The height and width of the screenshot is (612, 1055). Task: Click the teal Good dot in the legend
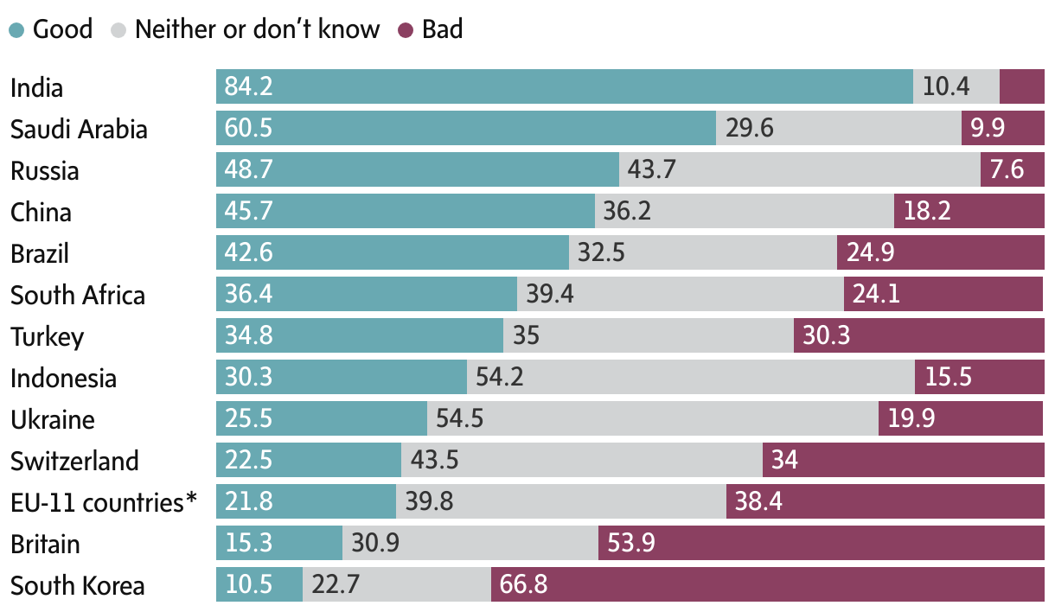(17, 30)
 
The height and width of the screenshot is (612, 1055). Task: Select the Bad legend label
(442, 29)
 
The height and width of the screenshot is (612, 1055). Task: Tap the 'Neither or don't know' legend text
(257, 29)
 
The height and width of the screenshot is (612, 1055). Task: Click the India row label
(36, 88)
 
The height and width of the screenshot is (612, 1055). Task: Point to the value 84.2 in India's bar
(248, 87)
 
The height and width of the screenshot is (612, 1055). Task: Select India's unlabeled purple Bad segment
(1021, 87)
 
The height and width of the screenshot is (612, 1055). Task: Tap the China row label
(41, 213)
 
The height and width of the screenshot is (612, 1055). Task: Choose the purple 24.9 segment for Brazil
(940, 253)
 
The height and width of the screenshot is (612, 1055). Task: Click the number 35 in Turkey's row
(526, 336)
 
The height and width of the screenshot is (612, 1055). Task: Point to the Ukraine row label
(53, 420)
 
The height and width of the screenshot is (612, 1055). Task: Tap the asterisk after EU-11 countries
(191, 499)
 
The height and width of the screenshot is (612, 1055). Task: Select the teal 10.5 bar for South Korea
(259, 585)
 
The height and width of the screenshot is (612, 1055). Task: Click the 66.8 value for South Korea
(523, 585)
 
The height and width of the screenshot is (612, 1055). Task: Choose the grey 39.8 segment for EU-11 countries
(560, 502)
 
